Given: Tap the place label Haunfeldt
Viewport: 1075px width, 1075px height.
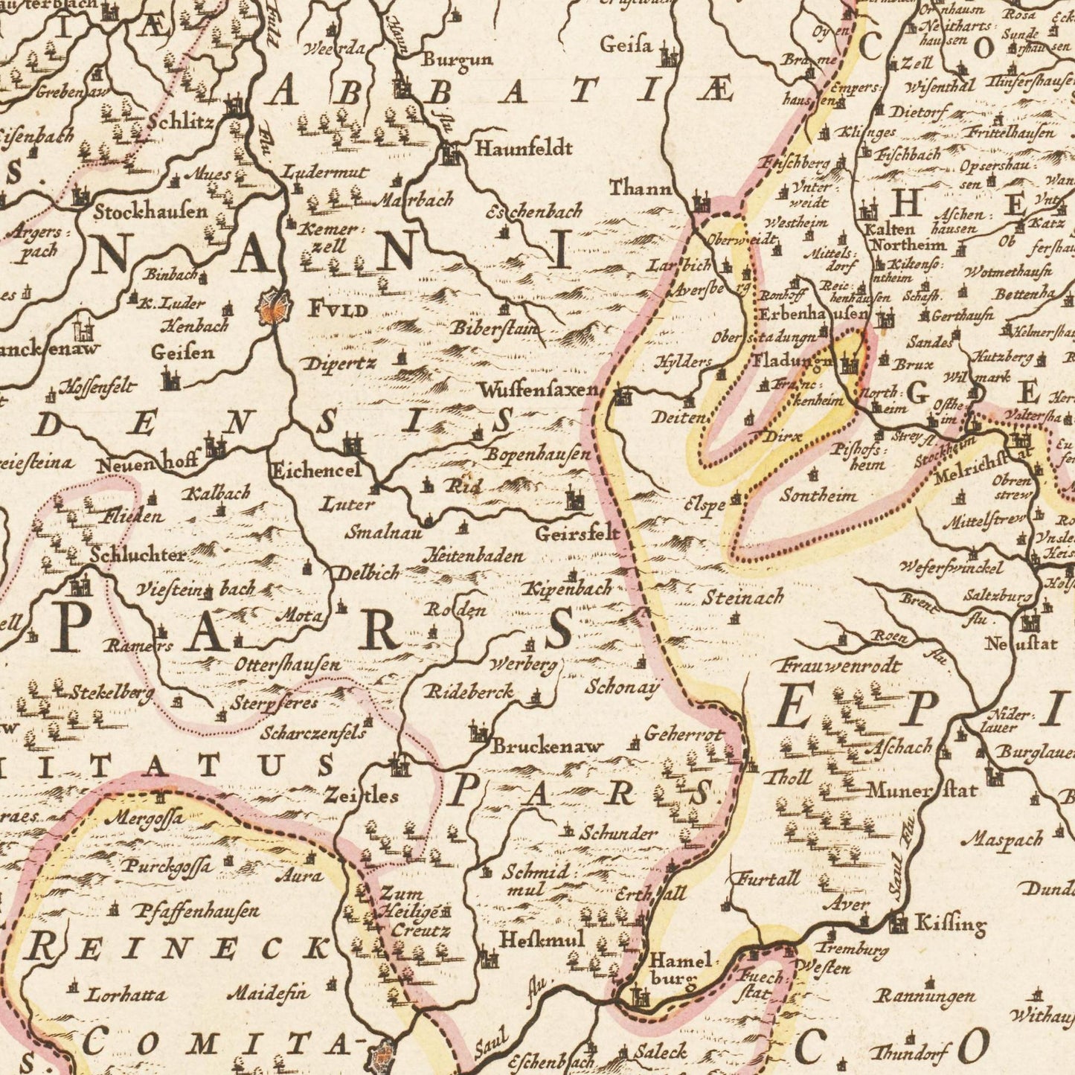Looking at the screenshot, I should click(x=524, y=148).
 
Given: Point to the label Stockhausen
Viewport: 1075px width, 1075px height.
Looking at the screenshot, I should click(x=151, y=211).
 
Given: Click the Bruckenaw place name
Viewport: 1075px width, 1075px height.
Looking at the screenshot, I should click(x=547, y=745).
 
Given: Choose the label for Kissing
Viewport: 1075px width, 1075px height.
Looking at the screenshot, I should click(x=949, y=925).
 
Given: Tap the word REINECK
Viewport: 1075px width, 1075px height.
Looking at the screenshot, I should click(x=179, y=949).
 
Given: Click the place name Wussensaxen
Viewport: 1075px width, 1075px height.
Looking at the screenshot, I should click(x=538, y=389).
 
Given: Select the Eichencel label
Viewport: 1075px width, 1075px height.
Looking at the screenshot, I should click(x=315, y=470).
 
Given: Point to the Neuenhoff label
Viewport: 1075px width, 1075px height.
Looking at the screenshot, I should click(x=147, y=464).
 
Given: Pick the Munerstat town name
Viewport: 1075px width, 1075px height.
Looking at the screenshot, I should click(x=922, y=789).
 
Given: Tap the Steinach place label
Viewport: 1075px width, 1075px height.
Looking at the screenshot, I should click(x=743, y=597).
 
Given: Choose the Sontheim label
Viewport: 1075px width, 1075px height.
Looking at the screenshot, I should click(x=818, y=495).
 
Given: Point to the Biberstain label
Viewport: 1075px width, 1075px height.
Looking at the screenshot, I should click(x=495, y=328).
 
